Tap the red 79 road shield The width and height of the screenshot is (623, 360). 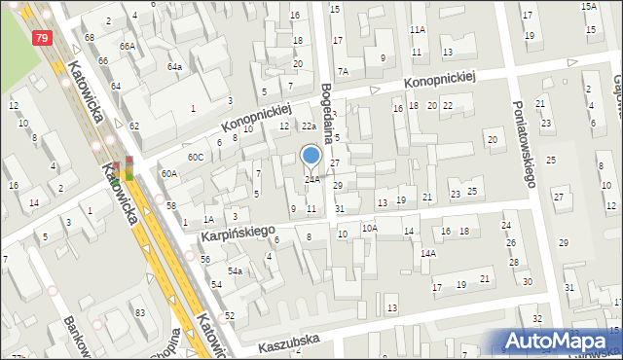41,38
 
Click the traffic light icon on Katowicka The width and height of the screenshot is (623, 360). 128,169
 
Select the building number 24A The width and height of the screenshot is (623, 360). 311,179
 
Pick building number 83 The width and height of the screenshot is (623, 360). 140,311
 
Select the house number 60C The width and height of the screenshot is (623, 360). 196,157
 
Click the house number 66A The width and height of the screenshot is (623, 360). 127,46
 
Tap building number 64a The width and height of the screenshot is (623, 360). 174,66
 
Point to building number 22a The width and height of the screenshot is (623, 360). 308,126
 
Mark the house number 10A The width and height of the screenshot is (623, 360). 370,228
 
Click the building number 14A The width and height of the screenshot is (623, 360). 427,253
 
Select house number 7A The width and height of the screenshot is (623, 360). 343,72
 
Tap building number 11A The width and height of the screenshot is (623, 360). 418,30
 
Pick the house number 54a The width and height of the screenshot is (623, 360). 235,270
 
